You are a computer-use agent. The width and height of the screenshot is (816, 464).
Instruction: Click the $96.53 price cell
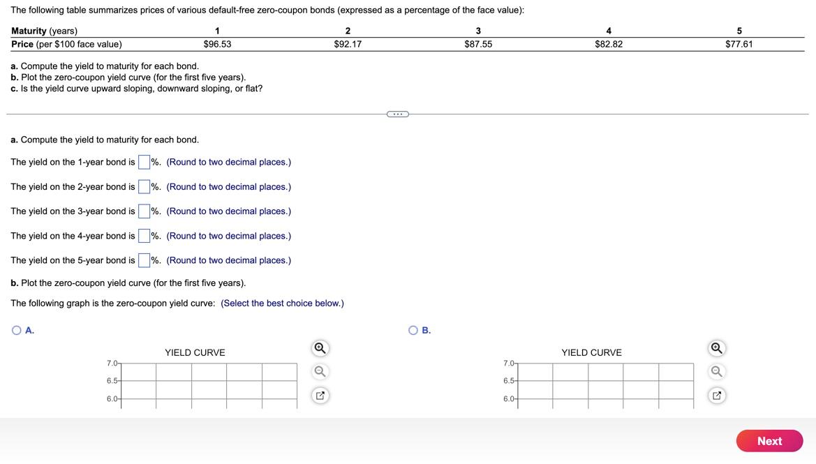click(x=217, y=44)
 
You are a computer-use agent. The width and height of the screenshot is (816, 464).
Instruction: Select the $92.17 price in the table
click(x=348, y=44)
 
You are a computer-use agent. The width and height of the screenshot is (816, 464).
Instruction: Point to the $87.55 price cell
click(x=478, y=44)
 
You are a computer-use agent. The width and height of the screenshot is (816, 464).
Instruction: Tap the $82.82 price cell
click(x=609, y=44)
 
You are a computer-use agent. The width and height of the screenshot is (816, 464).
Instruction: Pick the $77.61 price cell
click(x=739, y=44)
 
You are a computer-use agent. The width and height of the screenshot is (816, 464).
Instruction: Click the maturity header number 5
click(x=739, y=31)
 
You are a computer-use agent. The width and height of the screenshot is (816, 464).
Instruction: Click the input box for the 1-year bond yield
click(x=144, y=162)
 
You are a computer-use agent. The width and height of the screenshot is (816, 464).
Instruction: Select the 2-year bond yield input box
click(x=144, y=186)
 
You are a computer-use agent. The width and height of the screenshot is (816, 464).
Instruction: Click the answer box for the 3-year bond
click(x=144, y=211)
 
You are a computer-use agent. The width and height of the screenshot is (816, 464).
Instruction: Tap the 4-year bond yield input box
click(x=144, y=236)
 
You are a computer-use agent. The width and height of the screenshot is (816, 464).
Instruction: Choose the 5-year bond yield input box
click(x=144, y=260)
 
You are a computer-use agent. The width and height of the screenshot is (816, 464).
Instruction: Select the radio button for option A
click(x=17, y=330)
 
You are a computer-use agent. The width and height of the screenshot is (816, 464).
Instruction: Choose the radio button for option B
click(x=413, y=330)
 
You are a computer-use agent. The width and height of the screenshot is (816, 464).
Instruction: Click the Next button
click(x=769, y=441)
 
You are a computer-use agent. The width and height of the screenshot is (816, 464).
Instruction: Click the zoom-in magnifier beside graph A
click(x=320, y=347)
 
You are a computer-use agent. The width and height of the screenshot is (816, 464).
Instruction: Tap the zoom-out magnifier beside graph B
click(x=716, y=371)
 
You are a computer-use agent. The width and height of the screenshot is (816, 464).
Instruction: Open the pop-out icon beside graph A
click(x=320, y=396)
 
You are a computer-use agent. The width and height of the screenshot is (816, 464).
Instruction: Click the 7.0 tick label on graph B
click(x=509, y=364)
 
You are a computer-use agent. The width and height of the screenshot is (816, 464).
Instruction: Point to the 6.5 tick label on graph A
click(x=112, y=381)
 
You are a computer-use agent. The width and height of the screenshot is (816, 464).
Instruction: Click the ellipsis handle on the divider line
click(x=397, y=114)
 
